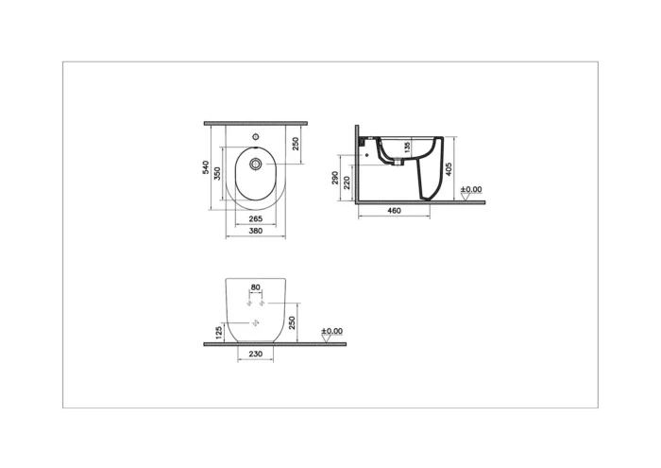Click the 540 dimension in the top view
pos(207,167)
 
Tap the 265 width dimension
pos(256,219)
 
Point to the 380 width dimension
pos(256,231)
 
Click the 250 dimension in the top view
pos(296,144)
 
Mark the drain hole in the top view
pos(256,164)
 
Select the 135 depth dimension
pos(406,147)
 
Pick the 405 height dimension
pos(450,169)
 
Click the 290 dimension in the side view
pos(336,178)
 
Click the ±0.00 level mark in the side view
pos(470,191)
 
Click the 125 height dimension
pos(219,333)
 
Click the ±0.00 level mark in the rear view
pos(331,332)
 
